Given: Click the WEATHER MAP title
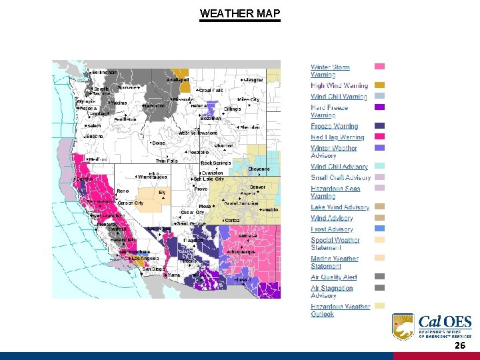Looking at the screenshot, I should pos(240,13).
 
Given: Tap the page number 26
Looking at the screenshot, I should pos(460,347).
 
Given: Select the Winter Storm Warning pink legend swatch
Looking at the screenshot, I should pos(379,67).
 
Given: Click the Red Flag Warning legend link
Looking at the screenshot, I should pos(337,137).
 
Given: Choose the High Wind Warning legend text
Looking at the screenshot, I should pos(339,85).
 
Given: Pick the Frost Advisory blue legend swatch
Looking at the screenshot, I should pos(379,229).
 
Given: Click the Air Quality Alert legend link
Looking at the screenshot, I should pos(334,277).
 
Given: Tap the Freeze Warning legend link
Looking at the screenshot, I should pos(334,126).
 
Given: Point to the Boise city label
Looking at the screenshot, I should pos(158,143).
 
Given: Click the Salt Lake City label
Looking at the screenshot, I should pos(209,179).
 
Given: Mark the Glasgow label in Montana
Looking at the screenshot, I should pos(253,79).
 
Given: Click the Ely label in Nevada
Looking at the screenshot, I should pos(161,192).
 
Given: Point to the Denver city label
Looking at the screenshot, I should pos(257,187).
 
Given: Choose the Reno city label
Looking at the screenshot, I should pos(123,191).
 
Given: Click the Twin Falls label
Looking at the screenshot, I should pos(166,161).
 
